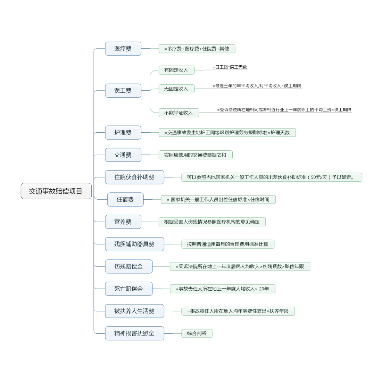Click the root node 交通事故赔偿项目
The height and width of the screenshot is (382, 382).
pyautogui.click(x=56, y=191)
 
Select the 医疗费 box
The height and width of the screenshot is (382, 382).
pyautogui.click(x=123, y=49)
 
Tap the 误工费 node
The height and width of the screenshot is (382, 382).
pyautogui.click(x=123, y=91)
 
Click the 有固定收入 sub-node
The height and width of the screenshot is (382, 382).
pyautogui.click(x=176, y=70)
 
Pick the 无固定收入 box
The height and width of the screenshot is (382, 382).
pyautogui.click(x=176, y=89)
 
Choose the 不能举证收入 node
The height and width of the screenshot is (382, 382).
pyautogui.click(x=178, y=113)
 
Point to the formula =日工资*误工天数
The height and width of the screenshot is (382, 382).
pyautogui.click(x=230, y=67)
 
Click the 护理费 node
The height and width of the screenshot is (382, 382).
pyautogui.click(x=123, y=132)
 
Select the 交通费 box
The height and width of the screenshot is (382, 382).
pyautogui.click(x=123, y=155)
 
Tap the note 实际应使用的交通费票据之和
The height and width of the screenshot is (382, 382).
pyautogui.click(x=195, y=155)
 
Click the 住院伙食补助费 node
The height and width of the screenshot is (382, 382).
pyautogui.click(x=134, y=177)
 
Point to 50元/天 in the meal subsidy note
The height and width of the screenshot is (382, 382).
pyautogui.click(x=319, y=177)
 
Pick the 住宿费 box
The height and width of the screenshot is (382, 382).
pyautogui.click(x=125, y=199)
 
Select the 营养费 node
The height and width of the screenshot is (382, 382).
pyautogui.click(x=123, y=222)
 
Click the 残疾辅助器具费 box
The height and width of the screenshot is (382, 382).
pyautogui.click(x=134, y=244)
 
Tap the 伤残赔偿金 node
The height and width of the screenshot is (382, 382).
pyautogui.click(x=128, y=266)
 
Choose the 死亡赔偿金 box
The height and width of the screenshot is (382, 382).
pyautogui.click(x=128, y=289)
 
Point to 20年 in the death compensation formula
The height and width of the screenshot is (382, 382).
pyautogui.click(x=264, y=289)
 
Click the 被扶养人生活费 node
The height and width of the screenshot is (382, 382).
pyautogui.click(x=134, y=311)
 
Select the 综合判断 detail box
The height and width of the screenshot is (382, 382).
pyautogui.click(x=197, y=333)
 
